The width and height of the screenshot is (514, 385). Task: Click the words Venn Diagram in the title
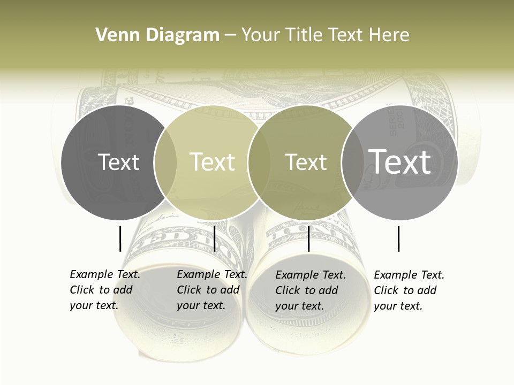[157, 35]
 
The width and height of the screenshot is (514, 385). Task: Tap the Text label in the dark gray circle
[118, 162]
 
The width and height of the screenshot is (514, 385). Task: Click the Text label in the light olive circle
[212, 162]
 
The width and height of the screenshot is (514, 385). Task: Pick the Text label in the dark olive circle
[306, 162]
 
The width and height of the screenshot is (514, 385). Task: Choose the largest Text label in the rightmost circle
[399, 161]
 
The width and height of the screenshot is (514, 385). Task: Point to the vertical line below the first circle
[120, 238]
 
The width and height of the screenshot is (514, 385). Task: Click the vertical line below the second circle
[214, 238]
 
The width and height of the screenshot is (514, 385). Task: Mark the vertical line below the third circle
[309, 238]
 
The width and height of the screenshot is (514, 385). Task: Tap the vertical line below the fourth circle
[399, 238]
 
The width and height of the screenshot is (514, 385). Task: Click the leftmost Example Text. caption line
[105, 275]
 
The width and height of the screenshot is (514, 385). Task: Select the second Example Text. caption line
[212, 275]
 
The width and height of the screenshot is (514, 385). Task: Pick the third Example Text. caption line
[311, 275]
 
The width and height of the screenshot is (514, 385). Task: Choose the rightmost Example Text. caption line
[409, 275]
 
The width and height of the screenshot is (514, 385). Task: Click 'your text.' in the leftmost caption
[94, 306]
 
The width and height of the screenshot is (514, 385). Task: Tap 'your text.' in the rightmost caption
[398, 306]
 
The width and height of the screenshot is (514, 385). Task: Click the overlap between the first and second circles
[165, 162]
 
